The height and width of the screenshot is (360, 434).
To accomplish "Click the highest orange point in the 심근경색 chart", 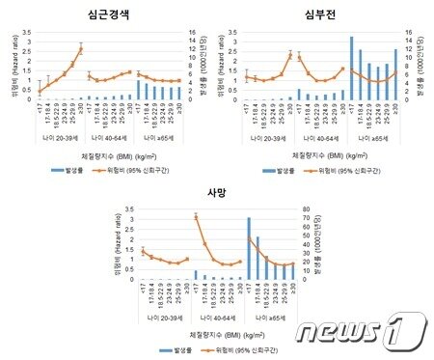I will (81, 49).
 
